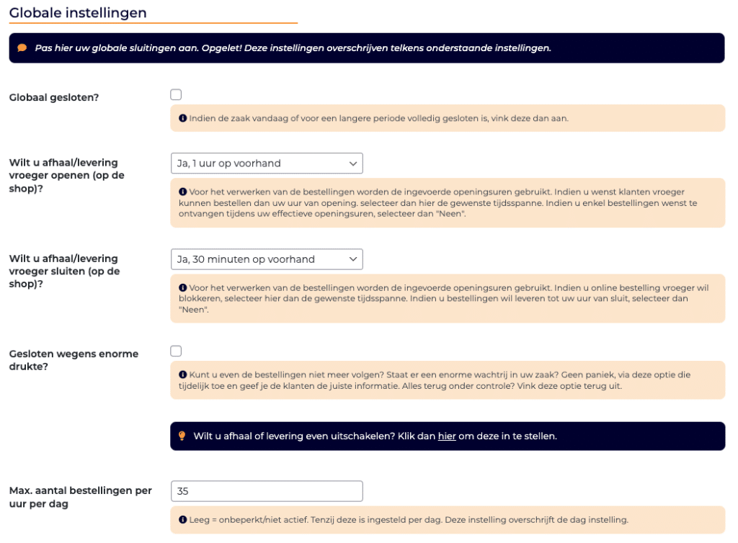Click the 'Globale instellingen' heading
pyautogui.click(x=78, y=13)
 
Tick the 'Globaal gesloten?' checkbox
pyautogui.click(x=176, y=94)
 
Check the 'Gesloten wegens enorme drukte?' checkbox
pyautogui.click(x=176, y=351)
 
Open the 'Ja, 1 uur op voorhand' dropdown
pyautogui.click(x=267, y=163)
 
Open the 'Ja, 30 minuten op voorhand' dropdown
pyautogui.click(x=267, y=259)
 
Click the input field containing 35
pyautogui.click(x=267, y=491)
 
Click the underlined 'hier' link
pyautogui.click(x=447, y=436)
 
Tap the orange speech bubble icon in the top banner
pyautogui.click(x=22, y=48)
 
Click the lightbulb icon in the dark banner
pyautogui.click(x=182, y=436)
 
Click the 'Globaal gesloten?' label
pyautogui.click(x=54, y=97)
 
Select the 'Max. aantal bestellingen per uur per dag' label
pyautogui.click(x=80, y=497)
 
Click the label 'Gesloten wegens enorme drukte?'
pyautogui.click(x=74, y=360)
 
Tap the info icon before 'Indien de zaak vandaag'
pyautogui.click(x=183, y=118)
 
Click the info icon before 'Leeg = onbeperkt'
pyautogui.click(x=183, y=519)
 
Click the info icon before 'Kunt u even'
pyautogui.click(x=183, y=374)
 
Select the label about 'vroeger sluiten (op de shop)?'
pyautogui.click(x=65, y=271)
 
